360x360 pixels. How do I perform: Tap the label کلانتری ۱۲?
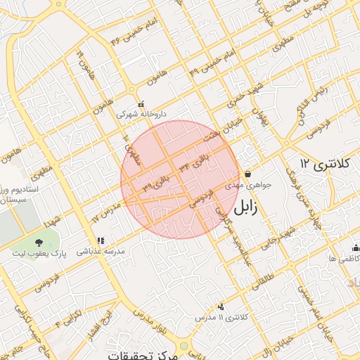324,163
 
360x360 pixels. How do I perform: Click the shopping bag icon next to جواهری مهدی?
248,175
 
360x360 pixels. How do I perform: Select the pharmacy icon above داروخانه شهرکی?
141,104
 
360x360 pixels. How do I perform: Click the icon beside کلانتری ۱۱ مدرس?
221,307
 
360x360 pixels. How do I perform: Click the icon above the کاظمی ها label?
356,248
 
